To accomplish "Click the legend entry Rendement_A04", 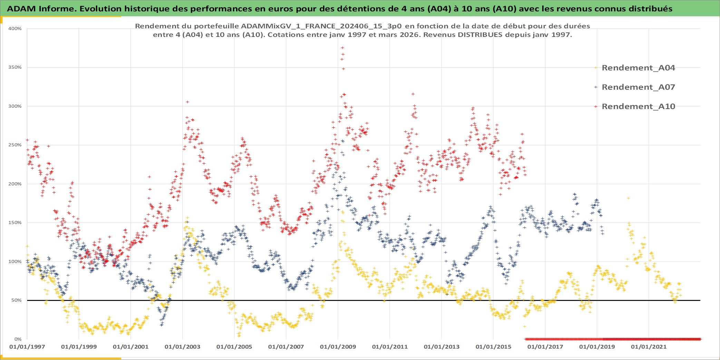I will [638, 68].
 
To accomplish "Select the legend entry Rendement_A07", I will [638, 87].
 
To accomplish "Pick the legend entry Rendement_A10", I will [638, 106].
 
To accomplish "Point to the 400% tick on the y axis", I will [15, 29].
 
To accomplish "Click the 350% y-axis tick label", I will [15, 67].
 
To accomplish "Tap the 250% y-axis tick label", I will [15, 145].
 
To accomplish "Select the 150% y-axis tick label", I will [15, 223].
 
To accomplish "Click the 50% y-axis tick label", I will [16, 300].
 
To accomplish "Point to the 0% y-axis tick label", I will [18, 339].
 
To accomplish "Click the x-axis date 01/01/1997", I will [27, 347].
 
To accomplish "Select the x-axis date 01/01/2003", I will [182, 347].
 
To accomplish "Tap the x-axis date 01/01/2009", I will [338, 347].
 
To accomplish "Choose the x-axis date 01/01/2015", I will [493, 347].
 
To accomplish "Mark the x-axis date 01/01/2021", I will [649, 347].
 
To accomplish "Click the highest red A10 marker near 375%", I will [342, 48].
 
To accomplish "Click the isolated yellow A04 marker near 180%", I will [629, 198].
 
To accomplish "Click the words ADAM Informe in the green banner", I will [41, 9].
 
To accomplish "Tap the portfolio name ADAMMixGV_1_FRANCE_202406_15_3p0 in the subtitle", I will [321, 26].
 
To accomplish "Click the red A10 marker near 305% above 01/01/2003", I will [187, 102].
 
